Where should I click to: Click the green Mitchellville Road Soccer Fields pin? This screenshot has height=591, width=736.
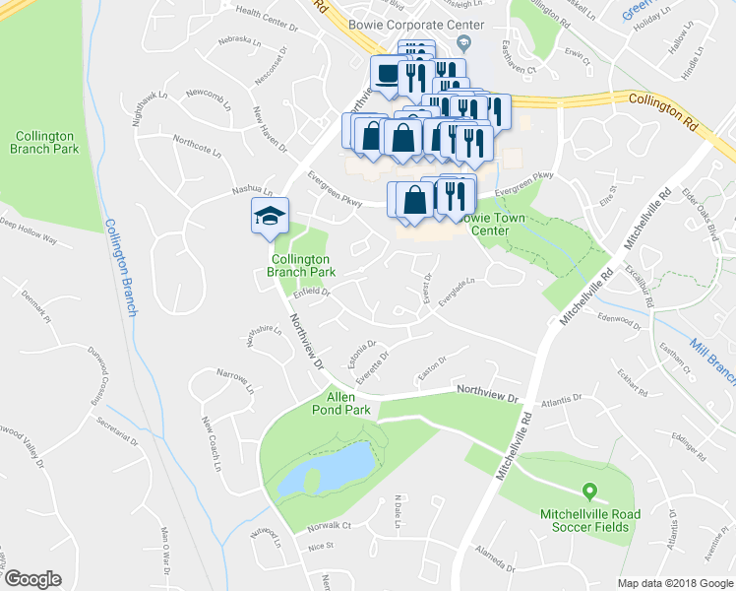(x=589, y=491)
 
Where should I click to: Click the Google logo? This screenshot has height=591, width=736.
(x=32, y=579)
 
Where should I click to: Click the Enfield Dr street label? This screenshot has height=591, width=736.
(x=311, y=292)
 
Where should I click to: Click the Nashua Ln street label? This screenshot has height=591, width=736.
(x=252, y=188)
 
